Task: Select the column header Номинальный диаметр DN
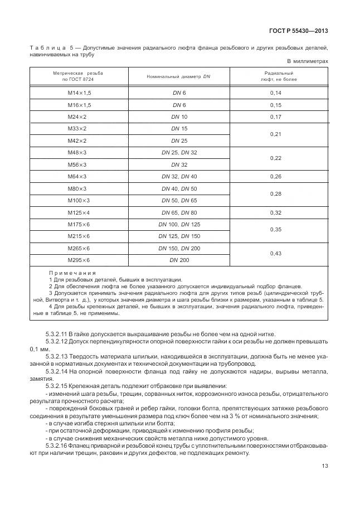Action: pos(179,76)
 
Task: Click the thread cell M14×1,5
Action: pos(79,93)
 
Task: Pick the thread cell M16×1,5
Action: pos(79,105)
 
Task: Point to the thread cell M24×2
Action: pos(79,117)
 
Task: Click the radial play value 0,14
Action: pos(276,93)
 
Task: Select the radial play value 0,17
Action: pos(276,117)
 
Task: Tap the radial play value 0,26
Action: pos(276,177)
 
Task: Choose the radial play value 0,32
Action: pos(276,212)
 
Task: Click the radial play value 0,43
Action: pos(276,254)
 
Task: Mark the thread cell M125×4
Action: pos(79,212)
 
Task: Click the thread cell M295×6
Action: pos(79,260)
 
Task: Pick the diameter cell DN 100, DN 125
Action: pos(179,224)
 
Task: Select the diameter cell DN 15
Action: pos(179,129)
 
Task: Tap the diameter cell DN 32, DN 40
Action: pos(179,177)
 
